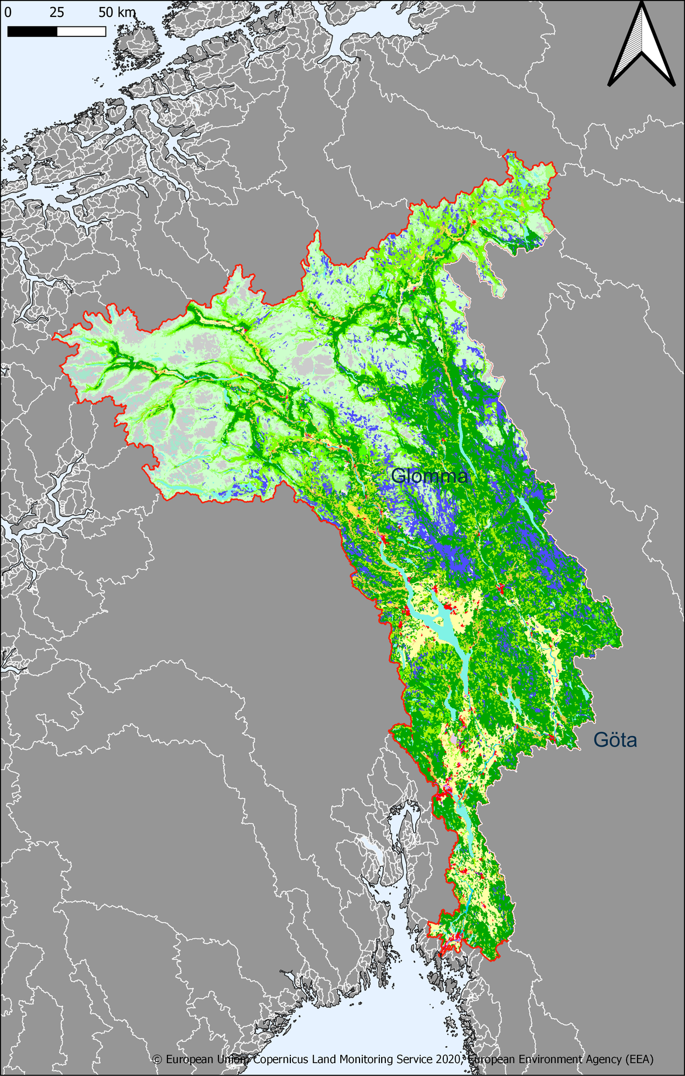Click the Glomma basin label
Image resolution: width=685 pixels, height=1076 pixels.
pyautogui.click(x=429, y=476)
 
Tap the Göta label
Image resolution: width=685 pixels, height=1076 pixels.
pyautogui.click(x=615, y=740)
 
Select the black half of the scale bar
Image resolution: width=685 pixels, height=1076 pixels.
pyautogui.click(x=32, y=32)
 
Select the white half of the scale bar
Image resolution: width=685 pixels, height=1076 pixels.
pyautogui.click(x=81, y=32)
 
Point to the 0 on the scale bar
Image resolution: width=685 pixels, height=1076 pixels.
pyautogui.click(x=8, y=12)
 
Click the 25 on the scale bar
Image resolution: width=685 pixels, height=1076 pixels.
pyautogui.click(x=57, y=12)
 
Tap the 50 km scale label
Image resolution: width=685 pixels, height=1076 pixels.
pyautogui.click(x=117, y=12)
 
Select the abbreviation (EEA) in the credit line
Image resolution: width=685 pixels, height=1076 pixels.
pyautogui.click(x=639, y=1059)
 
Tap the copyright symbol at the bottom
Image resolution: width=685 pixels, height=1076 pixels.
pyautogui.click(x=157, y=1059)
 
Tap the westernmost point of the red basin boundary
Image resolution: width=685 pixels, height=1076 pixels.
pyautogui.click(x=54, y=337)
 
